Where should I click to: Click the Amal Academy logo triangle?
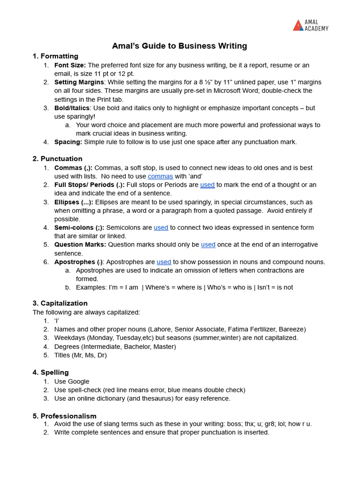point(298,25)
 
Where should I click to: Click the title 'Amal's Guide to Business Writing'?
point(179,46)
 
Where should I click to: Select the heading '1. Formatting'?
point(55,56)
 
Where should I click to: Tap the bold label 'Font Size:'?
point(70,65)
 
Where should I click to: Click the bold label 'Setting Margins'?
point(79,82)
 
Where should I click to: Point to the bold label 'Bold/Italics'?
point(72,108)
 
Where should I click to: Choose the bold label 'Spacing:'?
point(68,142)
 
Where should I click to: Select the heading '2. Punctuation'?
point(57,159)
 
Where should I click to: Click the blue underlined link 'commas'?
point(160,176)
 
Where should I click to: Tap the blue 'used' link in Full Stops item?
point(207,185)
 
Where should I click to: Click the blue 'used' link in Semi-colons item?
point(161,227)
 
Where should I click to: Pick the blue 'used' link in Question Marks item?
point(208,245)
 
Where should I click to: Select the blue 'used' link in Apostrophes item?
point(164,262)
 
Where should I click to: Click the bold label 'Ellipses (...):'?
point(74,202)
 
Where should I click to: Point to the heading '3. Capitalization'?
point(60,303)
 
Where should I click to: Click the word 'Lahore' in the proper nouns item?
point(162,329)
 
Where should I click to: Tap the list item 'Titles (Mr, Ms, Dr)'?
point(81,355)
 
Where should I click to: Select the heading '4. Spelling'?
point(51,372)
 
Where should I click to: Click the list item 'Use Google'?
point(72,382)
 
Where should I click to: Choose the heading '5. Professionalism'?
point(64,416)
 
